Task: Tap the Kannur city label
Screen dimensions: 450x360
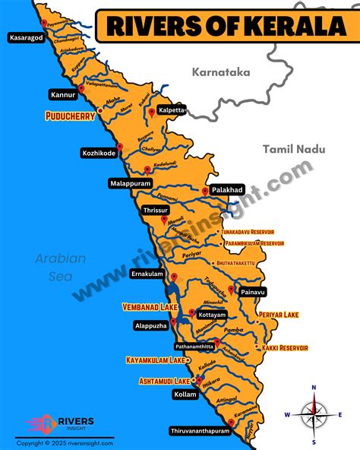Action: [63, 96]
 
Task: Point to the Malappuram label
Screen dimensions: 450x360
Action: [131, 184]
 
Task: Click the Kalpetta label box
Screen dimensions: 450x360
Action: [171, 109]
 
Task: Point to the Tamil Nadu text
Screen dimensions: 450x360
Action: [293, 150]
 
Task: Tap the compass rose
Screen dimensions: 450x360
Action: [314, 415]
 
